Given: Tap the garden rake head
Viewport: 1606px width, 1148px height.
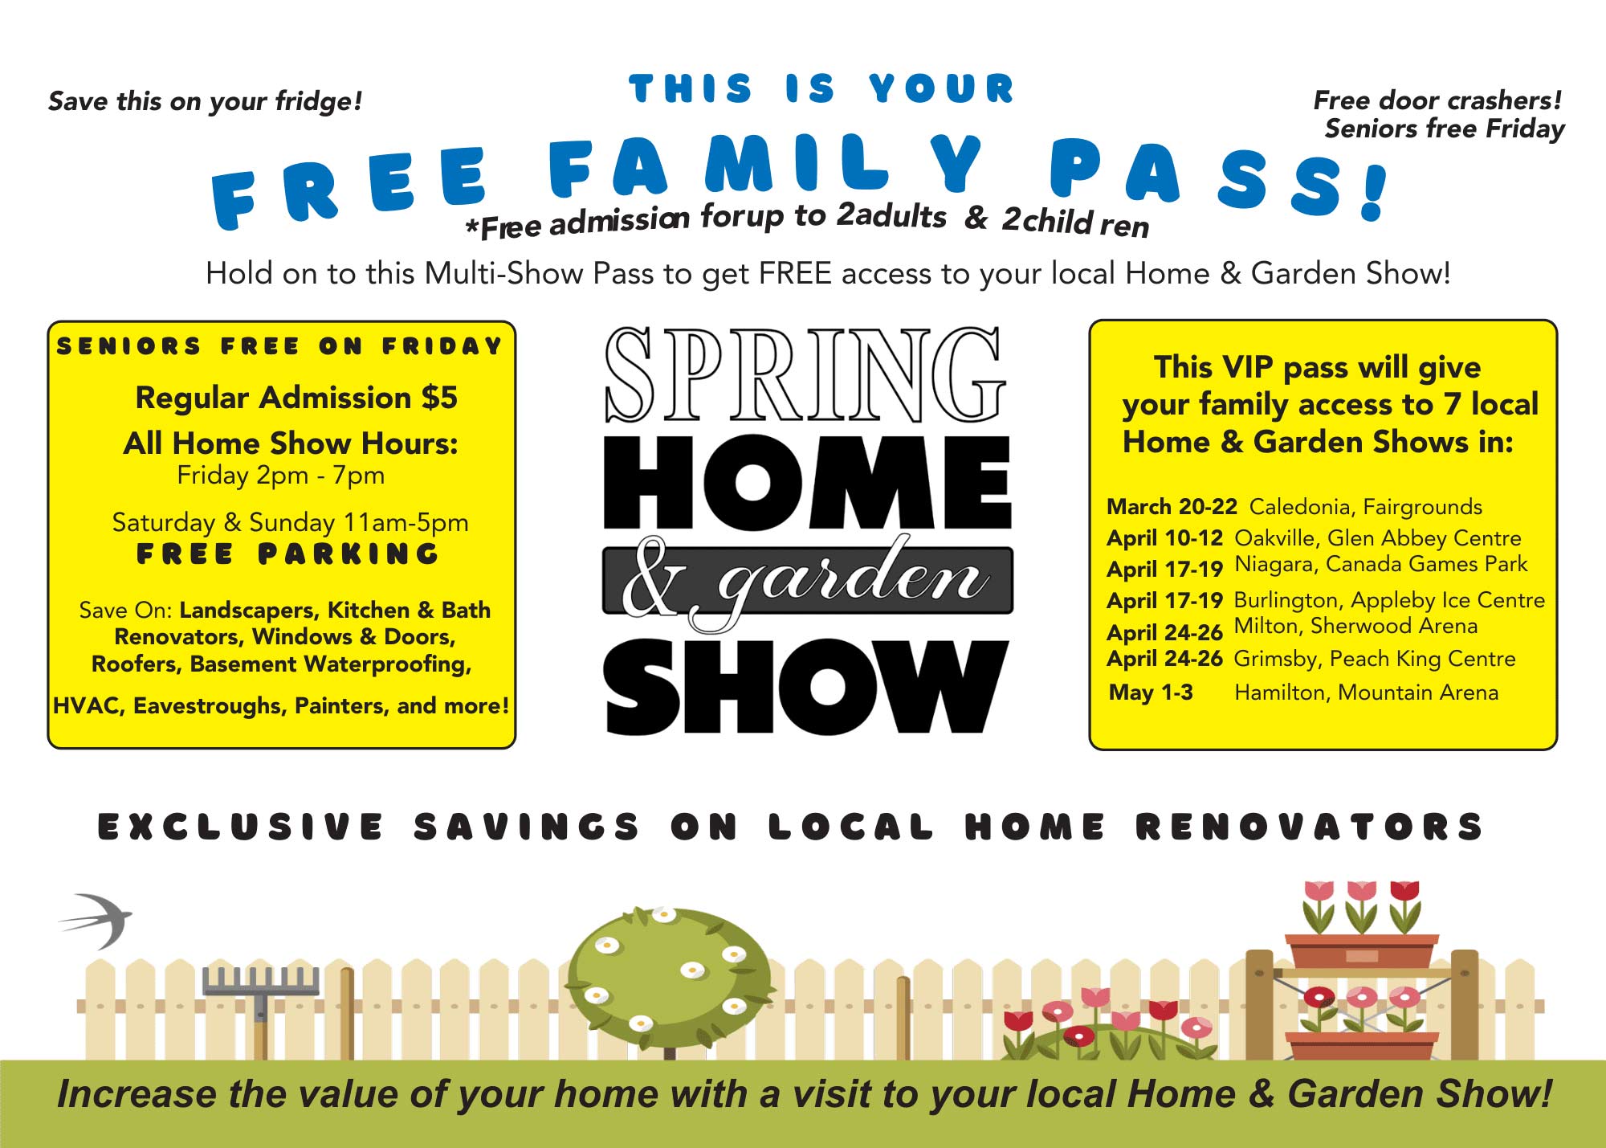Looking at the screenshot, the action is point(261,982).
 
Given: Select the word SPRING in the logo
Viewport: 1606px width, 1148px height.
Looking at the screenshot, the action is point(805,374).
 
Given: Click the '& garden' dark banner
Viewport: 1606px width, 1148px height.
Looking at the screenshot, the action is point(807,580).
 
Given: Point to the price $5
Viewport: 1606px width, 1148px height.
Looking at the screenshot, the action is point(439,398).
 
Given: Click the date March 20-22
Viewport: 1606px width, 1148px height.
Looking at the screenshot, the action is point(1172,507).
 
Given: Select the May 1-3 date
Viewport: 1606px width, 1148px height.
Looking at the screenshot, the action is point(1151,692).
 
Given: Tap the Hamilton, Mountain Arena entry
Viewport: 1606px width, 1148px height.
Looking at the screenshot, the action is point(1366,692).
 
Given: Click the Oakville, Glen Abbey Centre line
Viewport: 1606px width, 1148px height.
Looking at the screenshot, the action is point(1378,538).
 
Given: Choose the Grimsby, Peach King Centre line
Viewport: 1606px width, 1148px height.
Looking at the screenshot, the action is point(1375,660).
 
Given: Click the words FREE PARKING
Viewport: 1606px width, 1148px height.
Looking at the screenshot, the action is point(288,554).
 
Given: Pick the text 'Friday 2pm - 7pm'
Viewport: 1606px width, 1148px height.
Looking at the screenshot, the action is point(281,476).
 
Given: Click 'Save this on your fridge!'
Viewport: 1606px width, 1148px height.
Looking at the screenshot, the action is point(206,101).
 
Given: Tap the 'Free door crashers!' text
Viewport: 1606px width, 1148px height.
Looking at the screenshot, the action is point(1437,100).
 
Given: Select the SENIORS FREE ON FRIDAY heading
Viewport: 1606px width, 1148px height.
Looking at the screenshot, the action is point(279,346).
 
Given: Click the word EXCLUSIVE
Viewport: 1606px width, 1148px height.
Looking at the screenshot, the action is point(241,827).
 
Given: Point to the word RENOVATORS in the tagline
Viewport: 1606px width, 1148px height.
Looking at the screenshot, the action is point(1309,827).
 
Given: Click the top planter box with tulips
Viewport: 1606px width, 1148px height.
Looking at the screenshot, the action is point(1362,952).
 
